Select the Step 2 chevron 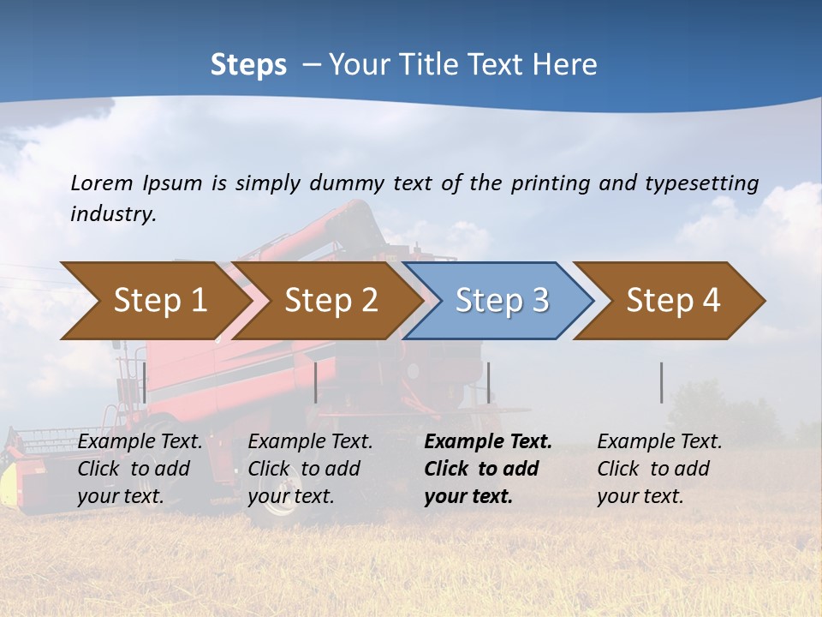click(325, 301)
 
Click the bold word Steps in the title click(248, 65)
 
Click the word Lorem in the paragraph click(102, 183)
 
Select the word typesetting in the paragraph click(701, 183)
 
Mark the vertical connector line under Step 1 click(145, 382)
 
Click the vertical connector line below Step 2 click(316, 382)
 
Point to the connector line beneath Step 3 click(488, 382)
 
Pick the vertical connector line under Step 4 click(661, 382)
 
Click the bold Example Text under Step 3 click(488, 442)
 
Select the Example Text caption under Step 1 click(140, 442)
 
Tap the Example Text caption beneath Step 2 click(311, 442)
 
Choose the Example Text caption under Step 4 click(659, 442)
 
